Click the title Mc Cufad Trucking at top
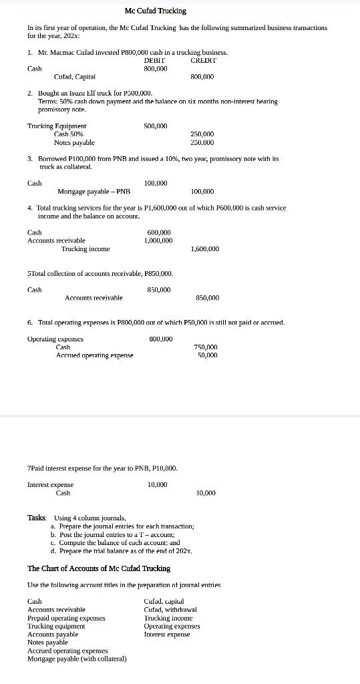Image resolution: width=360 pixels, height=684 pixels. (156, 11)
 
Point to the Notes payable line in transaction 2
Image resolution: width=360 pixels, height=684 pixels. (74, 142)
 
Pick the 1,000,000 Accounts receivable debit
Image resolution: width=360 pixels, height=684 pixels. (158, 240)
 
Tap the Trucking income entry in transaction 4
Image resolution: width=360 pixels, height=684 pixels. (85, 249)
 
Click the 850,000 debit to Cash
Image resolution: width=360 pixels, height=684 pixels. (158, 289)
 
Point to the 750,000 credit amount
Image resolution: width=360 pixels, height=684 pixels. (205, 347)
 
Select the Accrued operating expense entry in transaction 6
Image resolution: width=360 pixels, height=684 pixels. (94, 355)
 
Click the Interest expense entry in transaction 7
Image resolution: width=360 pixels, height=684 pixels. (51, 484)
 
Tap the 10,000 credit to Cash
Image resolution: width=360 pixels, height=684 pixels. (206, 492)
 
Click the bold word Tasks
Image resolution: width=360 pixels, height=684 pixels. (37, 518)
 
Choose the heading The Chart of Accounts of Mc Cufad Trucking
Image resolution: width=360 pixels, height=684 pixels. (98, 568)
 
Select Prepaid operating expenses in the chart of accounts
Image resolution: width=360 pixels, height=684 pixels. (66, 618)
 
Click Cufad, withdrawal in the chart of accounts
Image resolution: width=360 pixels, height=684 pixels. (170, 609)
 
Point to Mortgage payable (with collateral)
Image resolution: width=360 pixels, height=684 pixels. (77, 659)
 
